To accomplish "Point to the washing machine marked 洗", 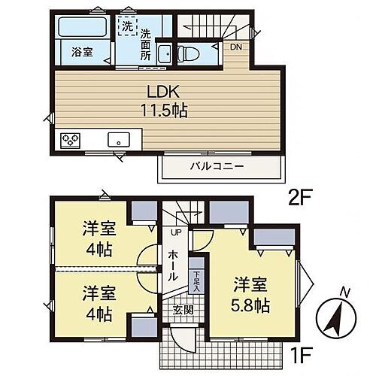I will click(129, 26).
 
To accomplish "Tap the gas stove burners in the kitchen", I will click(72, 139).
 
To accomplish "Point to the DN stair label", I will click(236, 47).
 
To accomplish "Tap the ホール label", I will click(173, 265).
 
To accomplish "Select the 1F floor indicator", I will click(303, 351).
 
